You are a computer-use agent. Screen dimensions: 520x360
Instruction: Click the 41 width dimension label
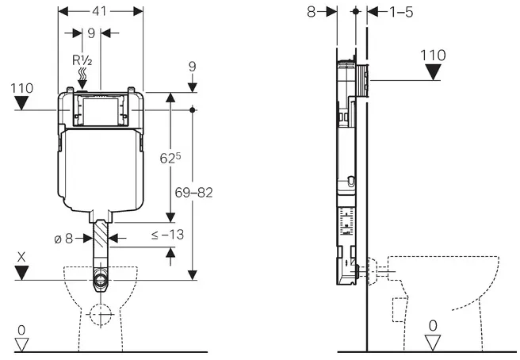99,11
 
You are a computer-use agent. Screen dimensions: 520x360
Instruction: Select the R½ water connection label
82,60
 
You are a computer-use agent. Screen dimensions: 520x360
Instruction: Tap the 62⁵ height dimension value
170,158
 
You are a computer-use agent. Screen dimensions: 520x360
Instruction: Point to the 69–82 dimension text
193,193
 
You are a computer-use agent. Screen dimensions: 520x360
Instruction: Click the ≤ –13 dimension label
167,235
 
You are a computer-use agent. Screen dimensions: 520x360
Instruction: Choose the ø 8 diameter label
63,238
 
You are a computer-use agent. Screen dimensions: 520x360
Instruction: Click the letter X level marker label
21,257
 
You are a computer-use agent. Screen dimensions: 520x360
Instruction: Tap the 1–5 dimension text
401,12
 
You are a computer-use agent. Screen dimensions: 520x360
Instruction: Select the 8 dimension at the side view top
311,12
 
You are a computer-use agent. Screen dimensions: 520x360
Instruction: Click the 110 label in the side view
433,55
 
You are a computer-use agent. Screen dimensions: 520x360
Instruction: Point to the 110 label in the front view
22,88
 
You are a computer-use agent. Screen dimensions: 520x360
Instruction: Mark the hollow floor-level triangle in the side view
433,343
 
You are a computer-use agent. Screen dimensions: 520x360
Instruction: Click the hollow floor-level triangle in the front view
22,344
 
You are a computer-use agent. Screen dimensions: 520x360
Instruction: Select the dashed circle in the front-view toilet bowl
100,314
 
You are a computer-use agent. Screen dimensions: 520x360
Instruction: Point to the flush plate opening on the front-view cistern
101,112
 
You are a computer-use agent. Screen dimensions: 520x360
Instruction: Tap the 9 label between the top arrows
91,33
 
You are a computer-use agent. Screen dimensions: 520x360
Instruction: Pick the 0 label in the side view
433,326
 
